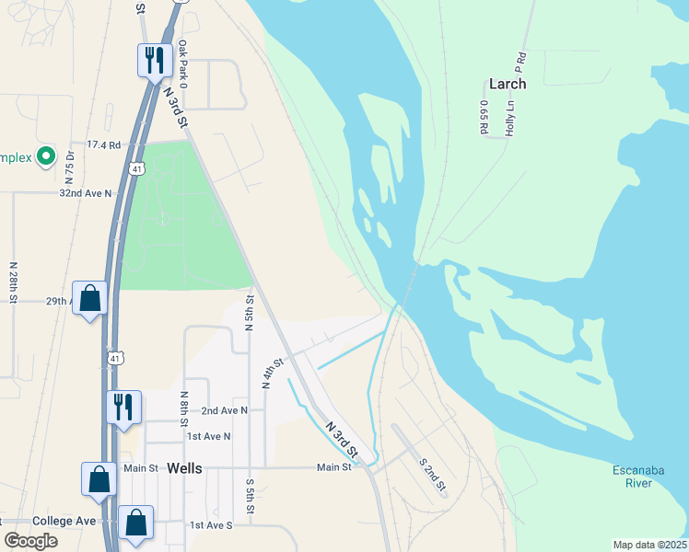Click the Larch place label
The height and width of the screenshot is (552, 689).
(x=508, y=84)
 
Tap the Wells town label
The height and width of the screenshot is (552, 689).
(x=184, y=468)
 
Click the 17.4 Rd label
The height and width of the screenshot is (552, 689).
(x=103, y=145)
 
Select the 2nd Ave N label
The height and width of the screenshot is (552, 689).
(x=225, y=410)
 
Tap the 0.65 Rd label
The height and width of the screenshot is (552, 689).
(x=483, y=118)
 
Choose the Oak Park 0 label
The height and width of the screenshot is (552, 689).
(x=183, y=64)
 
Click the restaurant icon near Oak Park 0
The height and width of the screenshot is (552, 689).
(x=154, y=60)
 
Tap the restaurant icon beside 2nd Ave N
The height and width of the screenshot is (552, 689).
(x=123, y=407)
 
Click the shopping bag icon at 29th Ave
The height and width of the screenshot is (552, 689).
(x=90, y=298)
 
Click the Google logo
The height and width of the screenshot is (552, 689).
(x=31, y=541)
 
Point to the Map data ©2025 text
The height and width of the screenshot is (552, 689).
(x=649, y=545)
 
